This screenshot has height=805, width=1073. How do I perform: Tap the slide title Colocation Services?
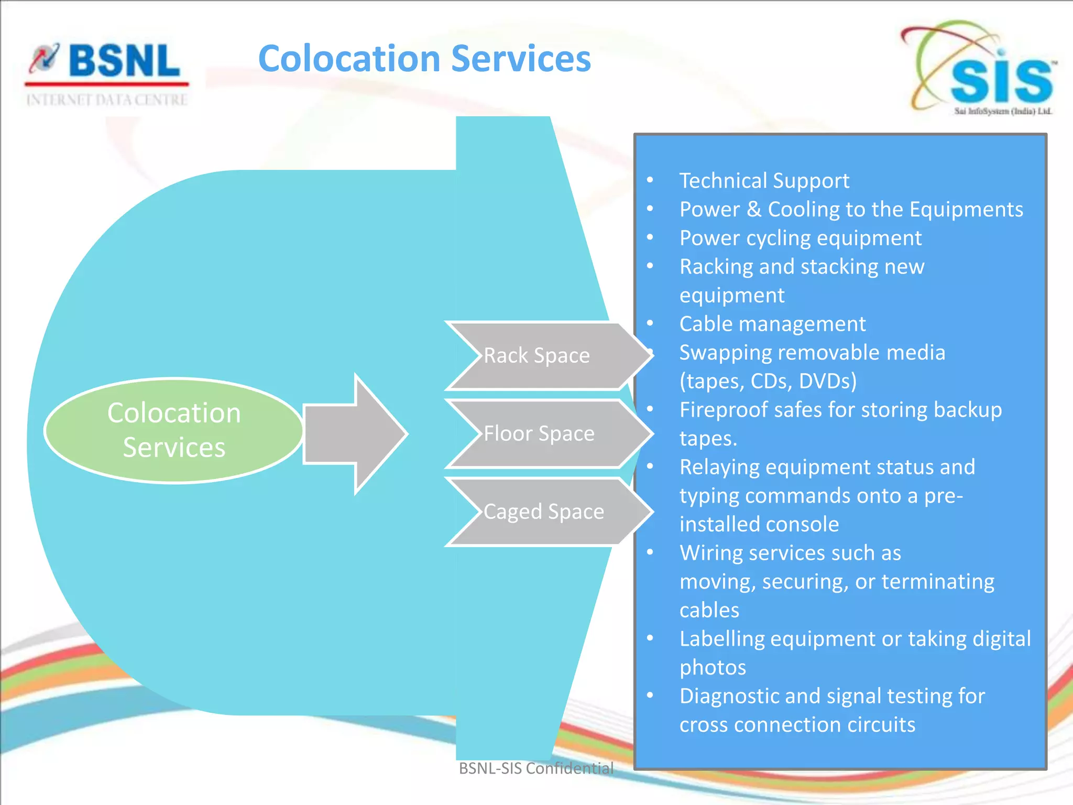(x=424, y=58)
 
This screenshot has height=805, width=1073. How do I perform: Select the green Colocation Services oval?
(x=174, y=430)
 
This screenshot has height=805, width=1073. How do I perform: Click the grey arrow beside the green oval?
(x=355, y=434)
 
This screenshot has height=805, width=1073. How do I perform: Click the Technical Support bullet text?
(x=764, y=181)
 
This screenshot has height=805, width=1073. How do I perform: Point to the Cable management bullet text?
(x=772, y=324)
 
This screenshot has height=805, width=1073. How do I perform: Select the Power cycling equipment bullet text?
(x=800, y=238)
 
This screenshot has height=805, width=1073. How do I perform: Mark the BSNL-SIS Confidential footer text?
(x=536, y=768)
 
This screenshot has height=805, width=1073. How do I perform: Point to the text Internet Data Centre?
(x=107, y=100)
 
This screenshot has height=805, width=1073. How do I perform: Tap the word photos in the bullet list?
(x=713, y=668)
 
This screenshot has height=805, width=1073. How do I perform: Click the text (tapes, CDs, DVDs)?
(x=768, y=381)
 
